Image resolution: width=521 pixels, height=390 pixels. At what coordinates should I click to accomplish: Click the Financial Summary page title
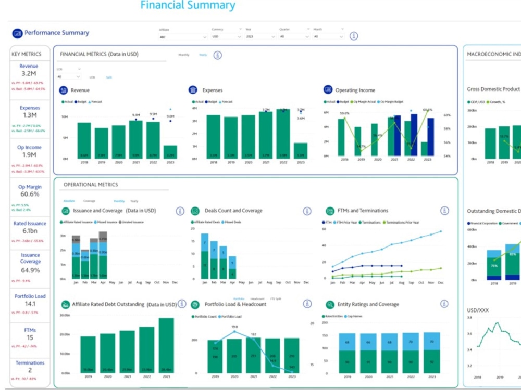coord(188,6)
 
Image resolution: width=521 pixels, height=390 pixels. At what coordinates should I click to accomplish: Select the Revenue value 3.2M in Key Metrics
coord(29,74)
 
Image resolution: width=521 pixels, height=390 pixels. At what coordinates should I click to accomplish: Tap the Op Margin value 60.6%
coord(29,194)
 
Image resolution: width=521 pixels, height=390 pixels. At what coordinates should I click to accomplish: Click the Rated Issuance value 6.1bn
coord(29,231)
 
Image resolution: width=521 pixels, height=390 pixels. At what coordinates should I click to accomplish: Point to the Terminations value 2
coord(30,370)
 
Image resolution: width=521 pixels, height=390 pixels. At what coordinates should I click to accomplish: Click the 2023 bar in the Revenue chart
coord(170,151)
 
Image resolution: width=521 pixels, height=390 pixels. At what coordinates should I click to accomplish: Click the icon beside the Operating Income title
coord(328,90)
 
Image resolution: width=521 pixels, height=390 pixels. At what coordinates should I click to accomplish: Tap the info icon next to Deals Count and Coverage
coord(307,211)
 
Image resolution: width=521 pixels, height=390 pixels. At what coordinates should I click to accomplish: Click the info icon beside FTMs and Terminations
coord(444,211)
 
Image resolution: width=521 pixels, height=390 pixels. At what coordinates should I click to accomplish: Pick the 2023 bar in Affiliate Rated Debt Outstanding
coord(166,345)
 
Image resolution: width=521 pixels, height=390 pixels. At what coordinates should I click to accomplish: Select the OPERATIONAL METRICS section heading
coord(91,185)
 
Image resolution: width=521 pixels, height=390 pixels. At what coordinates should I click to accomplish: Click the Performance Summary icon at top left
coord(18,33)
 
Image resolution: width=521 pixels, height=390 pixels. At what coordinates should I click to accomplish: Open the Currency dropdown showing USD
coord(227,37)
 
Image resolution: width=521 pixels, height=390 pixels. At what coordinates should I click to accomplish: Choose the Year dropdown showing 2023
coord(260,37)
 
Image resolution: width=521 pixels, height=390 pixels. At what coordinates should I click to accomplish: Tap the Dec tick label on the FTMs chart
coord(440,283)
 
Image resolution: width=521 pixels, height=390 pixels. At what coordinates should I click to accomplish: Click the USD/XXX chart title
coord(477,310)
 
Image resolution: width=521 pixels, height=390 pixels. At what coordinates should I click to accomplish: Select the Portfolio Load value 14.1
coord(30,304)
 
